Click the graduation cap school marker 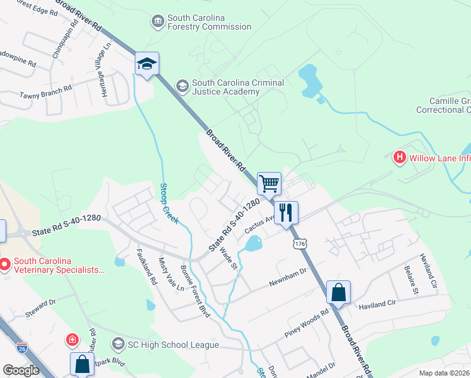click(147, 64)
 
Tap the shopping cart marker click(269, 184)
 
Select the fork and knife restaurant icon click(286, 213)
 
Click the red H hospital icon click(399, 157)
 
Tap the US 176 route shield click(295, 241)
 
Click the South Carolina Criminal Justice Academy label click(237, 87)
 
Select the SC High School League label click(165, 345)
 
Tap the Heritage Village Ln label click(106, 69)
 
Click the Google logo click(21, 370)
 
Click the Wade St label click(227, 258)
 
